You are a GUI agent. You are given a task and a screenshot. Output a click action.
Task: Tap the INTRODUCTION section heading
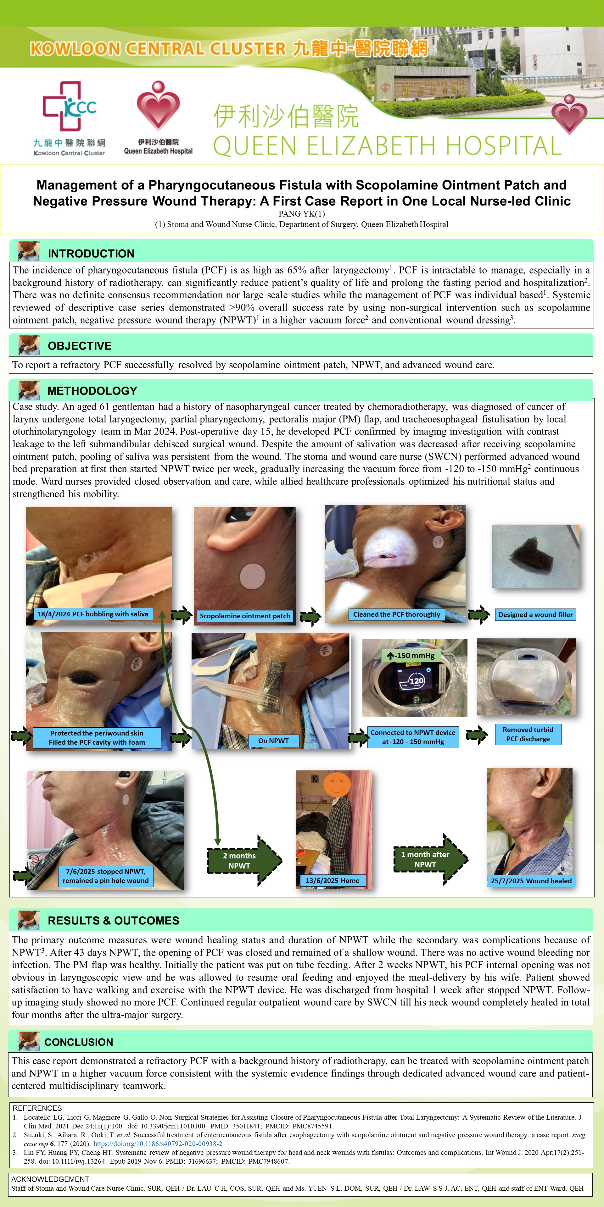[x=91, y=253]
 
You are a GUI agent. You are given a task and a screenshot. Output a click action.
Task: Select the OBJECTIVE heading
[x=80, y=346]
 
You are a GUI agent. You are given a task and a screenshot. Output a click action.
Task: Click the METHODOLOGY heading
[x=92, y=391]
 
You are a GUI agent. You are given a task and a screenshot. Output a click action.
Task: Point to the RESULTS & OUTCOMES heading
[x=114, y=920]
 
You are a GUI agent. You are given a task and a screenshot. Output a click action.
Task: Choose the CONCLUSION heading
[x=79, y=1042]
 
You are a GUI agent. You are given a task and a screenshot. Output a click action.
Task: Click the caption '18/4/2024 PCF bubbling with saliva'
[x=93, y=614]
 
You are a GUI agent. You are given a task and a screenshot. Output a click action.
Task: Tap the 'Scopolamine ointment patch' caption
[x=245, y=616]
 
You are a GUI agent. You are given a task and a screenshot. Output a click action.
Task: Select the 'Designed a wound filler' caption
[x=535, y=614]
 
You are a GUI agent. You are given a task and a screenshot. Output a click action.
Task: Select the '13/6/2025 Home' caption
[x=333, y=880]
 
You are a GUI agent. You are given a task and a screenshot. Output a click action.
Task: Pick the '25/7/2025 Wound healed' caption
[x=531, y=881]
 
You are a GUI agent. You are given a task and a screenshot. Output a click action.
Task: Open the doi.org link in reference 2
[x=158, y=1144]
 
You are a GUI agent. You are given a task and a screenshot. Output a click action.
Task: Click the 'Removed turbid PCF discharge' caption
[x=528, y=734]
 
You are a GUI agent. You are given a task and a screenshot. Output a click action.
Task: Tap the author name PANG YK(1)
[x=302, y=214]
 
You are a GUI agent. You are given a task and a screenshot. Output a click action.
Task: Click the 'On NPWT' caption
[x=273, y=740]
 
